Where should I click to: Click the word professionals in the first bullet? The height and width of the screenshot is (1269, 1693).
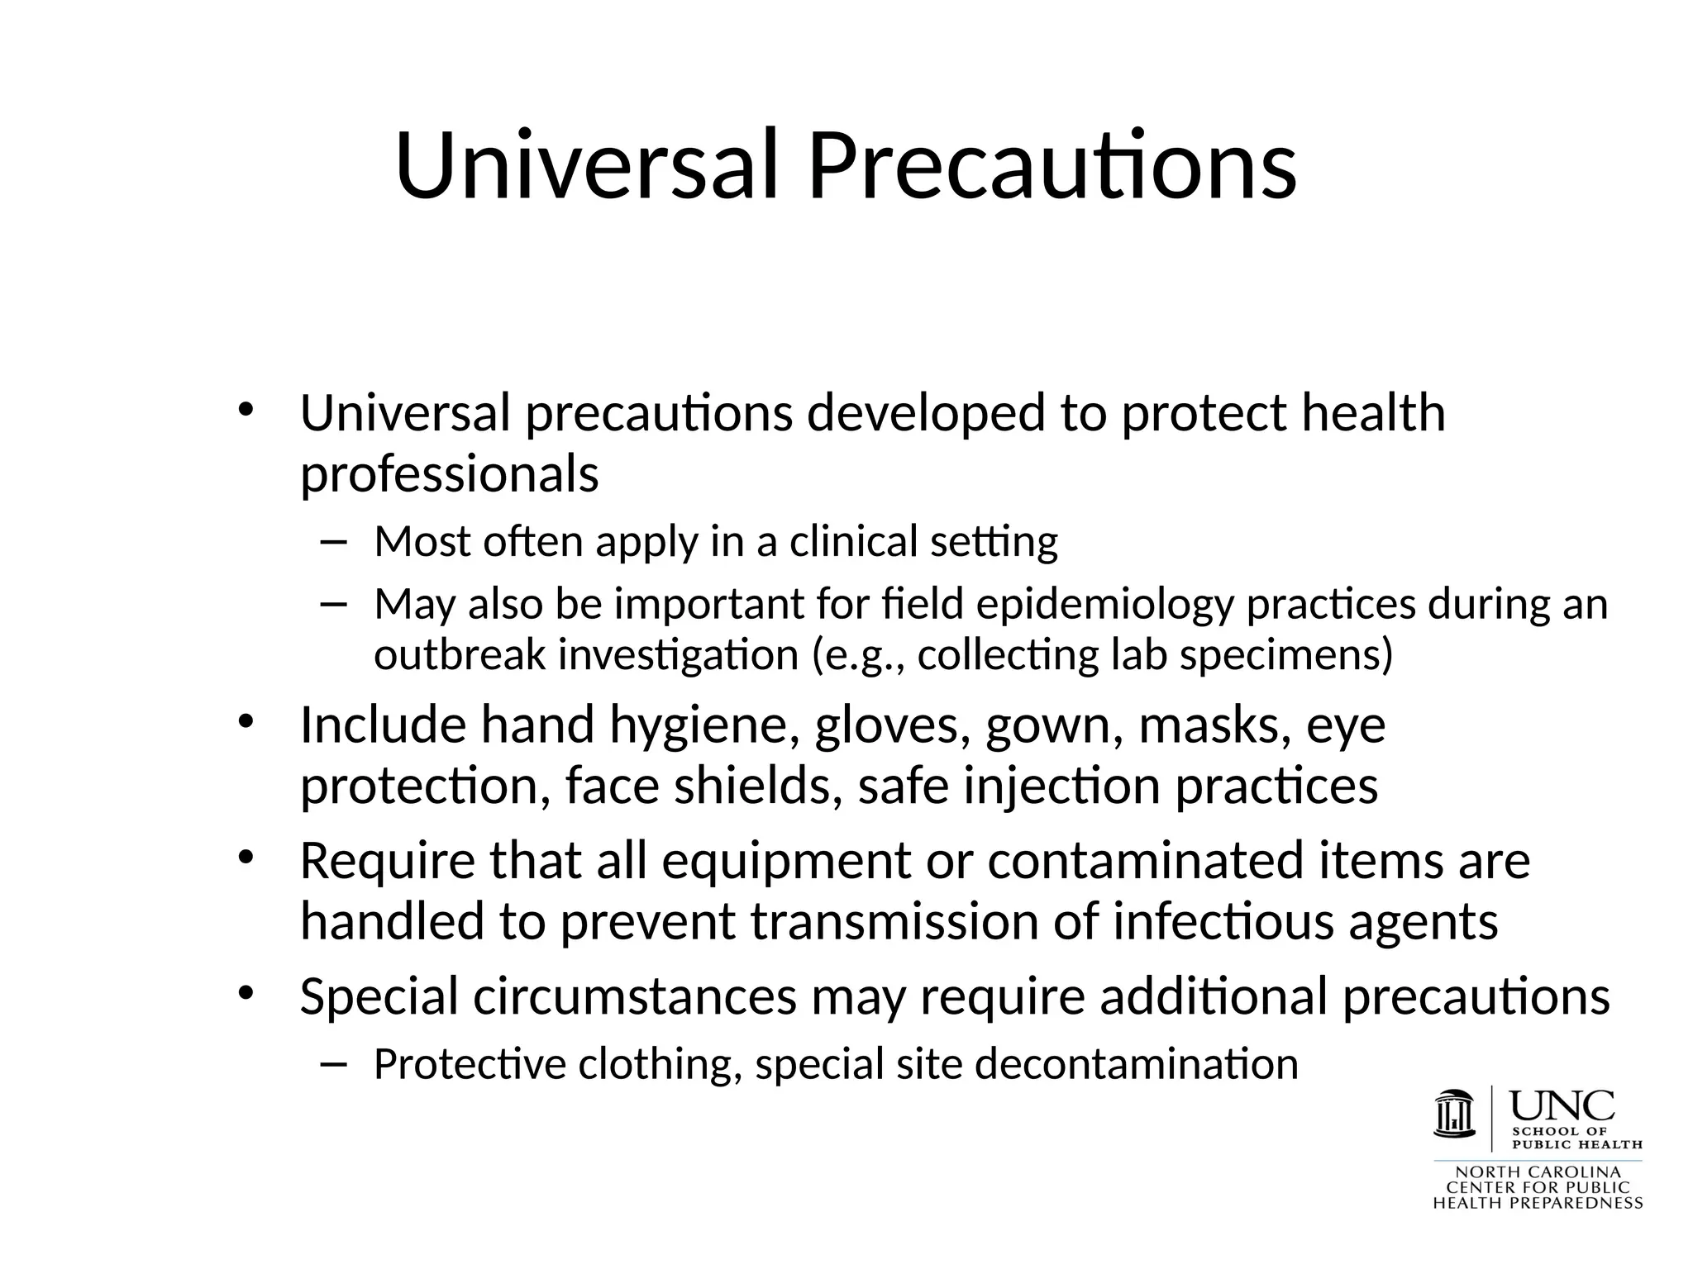click(449, 475)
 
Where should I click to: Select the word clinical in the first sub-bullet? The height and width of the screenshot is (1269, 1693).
click(853, 543)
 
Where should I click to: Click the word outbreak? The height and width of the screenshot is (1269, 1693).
click(460, 656)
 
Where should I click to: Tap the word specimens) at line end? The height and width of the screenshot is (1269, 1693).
click(1286, 656)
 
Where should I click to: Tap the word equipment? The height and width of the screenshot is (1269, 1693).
click(785, 861)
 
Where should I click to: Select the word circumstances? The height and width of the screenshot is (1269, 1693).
click(634, 996)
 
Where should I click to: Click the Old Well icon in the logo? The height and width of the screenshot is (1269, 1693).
click(1455, 1115)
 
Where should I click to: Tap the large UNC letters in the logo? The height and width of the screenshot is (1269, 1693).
click(1562, 1106)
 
